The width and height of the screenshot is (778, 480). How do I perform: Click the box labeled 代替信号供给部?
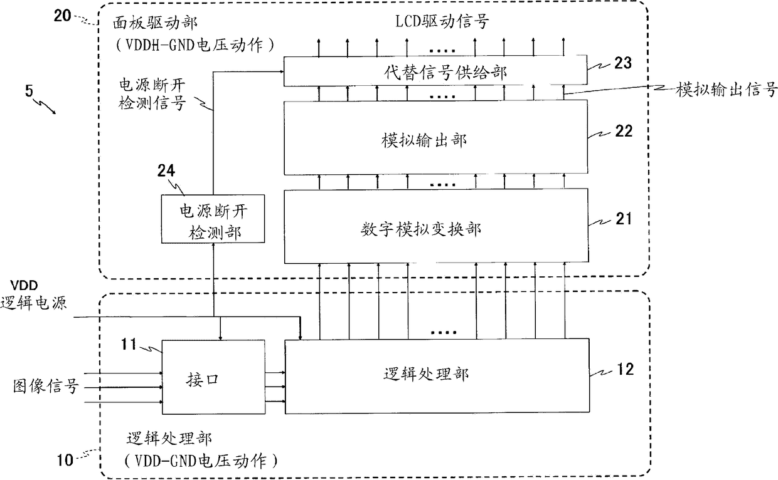(x=435, y=71)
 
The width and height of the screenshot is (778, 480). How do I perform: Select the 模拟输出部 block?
(x=436, y=137)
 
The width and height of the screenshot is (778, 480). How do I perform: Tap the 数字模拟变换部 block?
(x=436, y=226)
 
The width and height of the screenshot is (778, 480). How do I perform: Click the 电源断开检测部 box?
(x=213, y=219)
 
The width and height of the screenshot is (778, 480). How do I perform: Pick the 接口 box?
(x=213, y=377)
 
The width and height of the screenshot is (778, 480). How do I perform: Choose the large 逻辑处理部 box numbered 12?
(x=437, y=376)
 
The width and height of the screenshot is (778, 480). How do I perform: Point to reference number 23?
(x=623, y=63)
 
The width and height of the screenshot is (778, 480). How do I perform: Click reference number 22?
(x=624, y=131)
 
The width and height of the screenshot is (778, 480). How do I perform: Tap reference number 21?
(x=624, y=219)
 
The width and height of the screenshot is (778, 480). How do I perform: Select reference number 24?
(x=166, y=170)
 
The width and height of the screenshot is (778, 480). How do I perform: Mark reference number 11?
(x=129, y=345)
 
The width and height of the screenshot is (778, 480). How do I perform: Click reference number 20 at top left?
(x=63, y=16)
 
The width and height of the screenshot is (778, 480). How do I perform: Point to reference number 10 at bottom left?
(x=65, y=460)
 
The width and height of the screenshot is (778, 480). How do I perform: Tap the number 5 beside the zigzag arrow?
(x=29, y=91)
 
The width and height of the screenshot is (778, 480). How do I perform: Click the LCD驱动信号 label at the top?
(x=442, y=21)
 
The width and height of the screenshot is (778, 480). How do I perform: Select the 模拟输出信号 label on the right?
(x=727, y=90)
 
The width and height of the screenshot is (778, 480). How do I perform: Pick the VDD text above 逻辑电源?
(x=24, y=286)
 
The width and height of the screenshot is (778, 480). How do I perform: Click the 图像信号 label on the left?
(x=46, y=386)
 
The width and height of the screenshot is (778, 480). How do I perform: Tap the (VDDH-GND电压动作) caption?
(x=195, y=45)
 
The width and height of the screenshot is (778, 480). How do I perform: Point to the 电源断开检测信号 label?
(x=152, y=94)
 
